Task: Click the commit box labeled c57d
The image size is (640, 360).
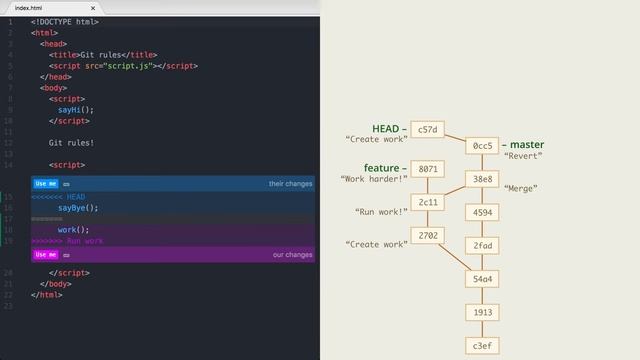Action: (x=427, y=130)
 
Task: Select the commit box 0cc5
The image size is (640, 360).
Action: (x=483, y=147)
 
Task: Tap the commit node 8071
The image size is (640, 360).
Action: (x=427, y=169)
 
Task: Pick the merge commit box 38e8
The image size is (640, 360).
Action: (x=483, y=180)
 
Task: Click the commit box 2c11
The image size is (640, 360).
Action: (x=427, y=202)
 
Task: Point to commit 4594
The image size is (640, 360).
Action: (x=483, y=212)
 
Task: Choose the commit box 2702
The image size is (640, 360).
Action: (x=427, y=235)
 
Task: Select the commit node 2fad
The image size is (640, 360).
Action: (x=483, y=245)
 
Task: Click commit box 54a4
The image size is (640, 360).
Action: (x=483, y=278)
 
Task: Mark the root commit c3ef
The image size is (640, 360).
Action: (x=483, y=345)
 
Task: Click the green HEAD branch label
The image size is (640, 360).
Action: (x=385, y=129)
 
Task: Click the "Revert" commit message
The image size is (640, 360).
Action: (x=524, y=157)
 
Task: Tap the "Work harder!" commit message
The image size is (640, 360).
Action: (x=374, y=180)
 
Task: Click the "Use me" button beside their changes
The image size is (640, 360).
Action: (x=45, y=184)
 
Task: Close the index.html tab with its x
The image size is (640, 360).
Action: (x=92, y=8)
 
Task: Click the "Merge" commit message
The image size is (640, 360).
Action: (x=521, y=189)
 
